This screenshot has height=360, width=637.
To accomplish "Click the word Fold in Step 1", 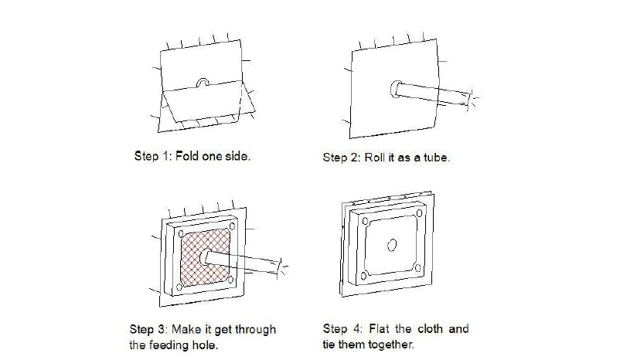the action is tap(186, 156).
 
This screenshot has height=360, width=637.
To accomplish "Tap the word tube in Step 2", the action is tap(436, 158).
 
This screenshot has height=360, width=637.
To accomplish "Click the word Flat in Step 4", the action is tap(379, 328).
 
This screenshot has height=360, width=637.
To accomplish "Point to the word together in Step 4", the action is tap(391, 345).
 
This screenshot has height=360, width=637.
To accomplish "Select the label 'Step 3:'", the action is tap(148, 329).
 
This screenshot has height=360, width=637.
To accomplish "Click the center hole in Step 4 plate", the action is tap(392, 245).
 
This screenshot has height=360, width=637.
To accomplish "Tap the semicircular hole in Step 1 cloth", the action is tap(203, 83).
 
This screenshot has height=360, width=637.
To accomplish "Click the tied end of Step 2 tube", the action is tap(471, 100).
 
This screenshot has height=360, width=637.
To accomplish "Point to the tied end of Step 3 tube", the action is tap(280, 267).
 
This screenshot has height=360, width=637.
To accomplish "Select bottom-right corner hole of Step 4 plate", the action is tap(417, 268).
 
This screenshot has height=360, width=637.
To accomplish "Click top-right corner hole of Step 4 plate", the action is tap(419, 213).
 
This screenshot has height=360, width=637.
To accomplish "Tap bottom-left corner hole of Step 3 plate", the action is tap(179, 287).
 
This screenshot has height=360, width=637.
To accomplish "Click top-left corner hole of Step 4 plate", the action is tap(365, 221).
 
